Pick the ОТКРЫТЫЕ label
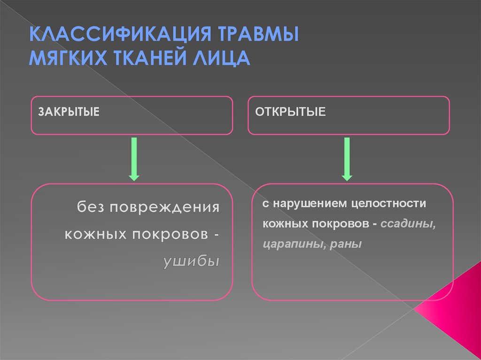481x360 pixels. [290, 113]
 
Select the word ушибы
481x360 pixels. [191, 261]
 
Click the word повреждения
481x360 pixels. [164, 207]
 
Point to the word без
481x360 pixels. [91, 207]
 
